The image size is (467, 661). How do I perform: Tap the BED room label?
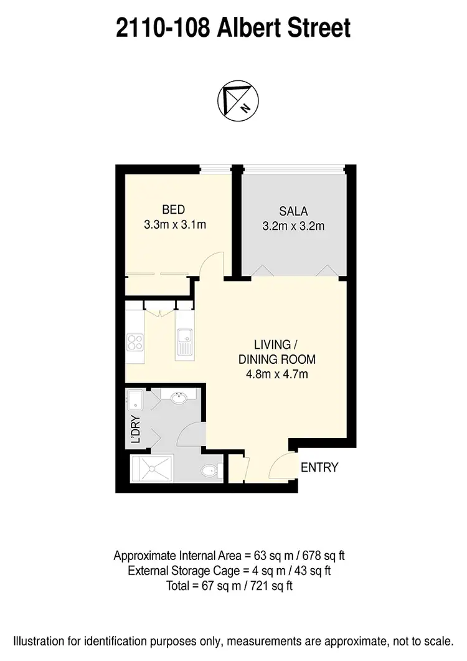174,209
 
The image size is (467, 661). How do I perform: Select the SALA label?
294,211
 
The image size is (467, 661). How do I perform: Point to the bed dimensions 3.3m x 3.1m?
174,225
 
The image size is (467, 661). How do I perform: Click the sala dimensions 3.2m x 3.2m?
294,226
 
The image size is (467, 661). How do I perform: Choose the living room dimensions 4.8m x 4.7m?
278,374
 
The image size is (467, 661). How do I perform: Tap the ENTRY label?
319,467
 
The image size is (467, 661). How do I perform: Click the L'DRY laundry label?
135,430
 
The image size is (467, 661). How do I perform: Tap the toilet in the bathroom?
210,471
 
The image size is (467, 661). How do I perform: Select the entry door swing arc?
281,465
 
